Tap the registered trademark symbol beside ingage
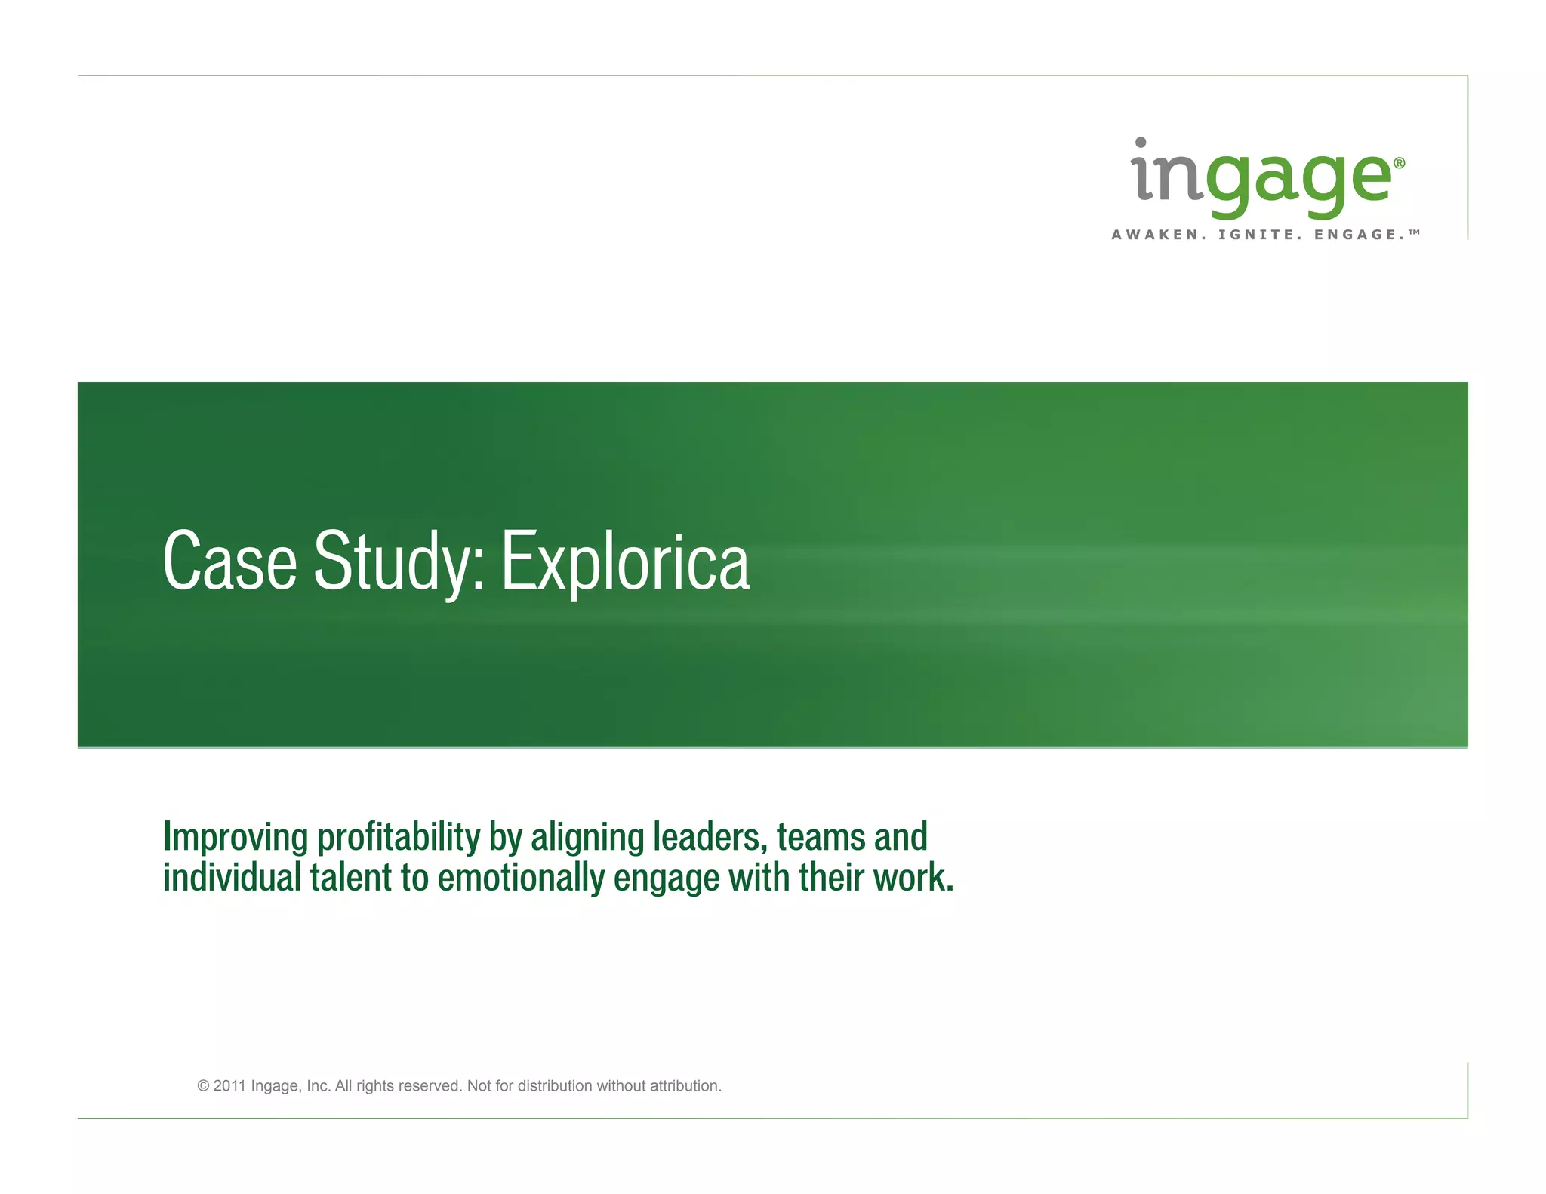tap(1399, 163)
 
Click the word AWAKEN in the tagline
tap(1155, 235)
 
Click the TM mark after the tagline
tap(1415, 232)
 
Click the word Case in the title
tap(230, 562)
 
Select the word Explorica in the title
tap(625, 562)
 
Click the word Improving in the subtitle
tap(236, 837)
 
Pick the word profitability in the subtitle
tap(399, 837)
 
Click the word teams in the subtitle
tap(821, 837)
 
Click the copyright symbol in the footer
tap(203, 1086)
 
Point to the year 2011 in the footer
tap(229, 1086)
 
